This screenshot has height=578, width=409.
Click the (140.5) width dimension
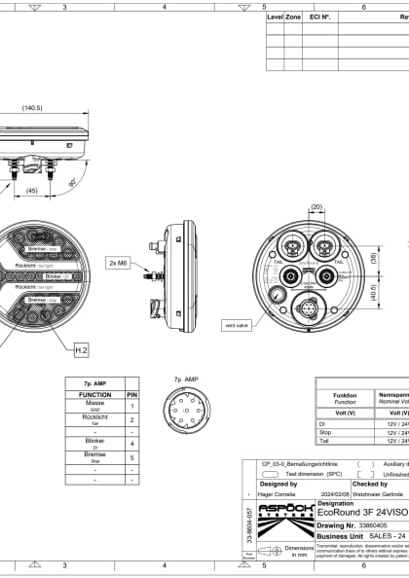point(32,108)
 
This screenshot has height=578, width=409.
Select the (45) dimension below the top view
point(32,191)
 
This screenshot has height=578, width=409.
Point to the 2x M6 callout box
point(118,263)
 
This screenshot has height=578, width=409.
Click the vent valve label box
point(236,325)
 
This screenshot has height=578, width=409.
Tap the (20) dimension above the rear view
point(316,206)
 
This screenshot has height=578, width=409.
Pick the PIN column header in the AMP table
point(132,395)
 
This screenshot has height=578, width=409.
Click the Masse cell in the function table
point(94,405)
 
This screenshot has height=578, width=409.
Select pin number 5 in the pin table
point(132,455)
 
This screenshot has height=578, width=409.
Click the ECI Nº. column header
point(319,18)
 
